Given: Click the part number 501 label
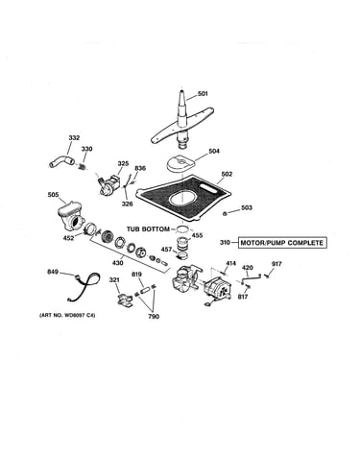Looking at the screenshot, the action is tap(203, 94).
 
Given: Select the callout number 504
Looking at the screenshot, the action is tap(214, 151).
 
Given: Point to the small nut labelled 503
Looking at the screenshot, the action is tap(226, 213).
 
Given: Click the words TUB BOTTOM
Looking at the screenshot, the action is tap(148, 229).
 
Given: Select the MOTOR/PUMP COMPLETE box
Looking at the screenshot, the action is tap(282, 243).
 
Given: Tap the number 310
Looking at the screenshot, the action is tap(225, 243).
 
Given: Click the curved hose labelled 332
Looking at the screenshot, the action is tap(61, 160).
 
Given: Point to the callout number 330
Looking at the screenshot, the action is tap(86, 149).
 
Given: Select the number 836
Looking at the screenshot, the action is tap(140, 168).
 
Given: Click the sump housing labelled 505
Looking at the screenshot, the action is tap(71, 216).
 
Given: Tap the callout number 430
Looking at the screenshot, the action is tap(117, 263).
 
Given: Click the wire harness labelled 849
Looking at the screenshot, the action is tap(83, 286).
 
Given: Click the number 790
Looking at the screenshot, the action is tap(154, 317).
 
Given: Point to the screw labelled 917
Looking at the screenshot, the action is tap(266, 276).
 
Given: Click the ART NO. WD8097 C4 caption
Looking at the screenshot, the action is tap(67, 316).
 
